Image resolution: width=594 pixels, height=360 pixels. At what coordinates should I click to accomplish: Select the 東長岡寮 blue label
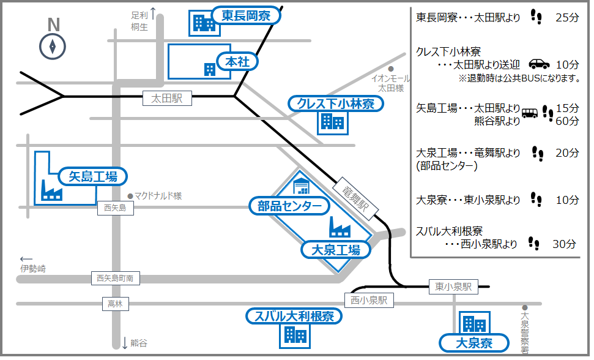246,16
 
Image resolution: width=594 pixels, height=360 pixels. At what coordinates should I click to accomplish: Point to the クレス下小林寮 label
336,103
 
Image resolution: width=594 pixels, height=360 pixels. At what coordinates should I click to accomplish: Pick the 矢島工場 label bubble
93,177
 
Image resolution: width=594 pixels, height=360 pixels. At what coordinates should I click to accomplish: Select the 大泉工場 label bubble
336,249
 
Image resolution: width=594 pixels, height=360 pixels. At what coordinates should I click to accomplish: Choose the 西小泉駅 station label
369,301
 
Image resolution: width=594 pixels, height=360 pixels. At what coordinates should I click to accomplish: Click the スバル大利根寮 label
294,317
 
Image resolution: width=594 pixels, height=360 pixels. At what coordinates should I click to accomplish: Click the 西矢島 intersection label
115,208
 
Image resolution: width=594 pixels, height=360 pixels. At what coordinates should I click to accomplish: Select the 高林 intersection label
115,303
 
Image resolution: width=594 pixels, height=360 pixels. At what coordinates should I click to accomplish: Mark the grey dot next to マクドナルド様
130,196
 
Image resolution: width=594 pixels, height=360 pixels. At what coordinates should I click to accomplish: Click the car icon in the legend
539,64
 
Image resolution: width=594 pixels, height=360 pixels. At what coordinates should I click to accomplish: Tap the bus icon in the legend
530,113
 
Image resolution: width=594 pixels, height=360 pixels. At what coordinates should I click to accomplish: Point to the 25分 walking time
566,18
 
